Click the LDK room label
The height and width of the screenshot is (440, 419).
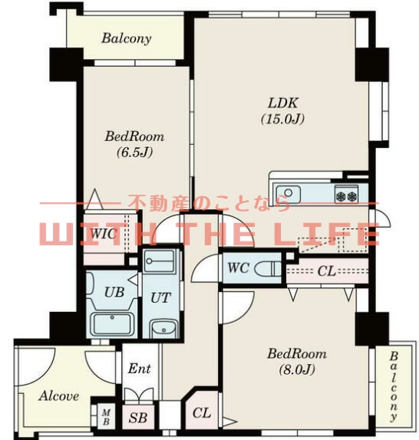pyautogui.click(x=283, y=103)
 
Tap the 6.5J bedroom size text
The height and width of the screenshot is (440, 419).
pyautogui.click(x=135, y=153)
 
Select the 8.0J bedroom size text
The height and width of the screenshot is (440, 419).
pyautogui.click(x=297, y=369)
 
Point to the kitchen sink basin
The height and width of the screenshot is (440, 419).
pyautogui.click(x=288, y=194)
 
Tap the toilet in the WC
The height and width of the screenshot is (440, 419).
pyautogui.click(x=268, y=268)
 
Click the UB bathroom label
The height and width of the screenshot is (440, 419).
pyautogui.click(x=114, y=292)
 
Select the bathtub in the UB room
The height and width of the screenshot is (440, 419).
pyautogui.click(x=112, y=323)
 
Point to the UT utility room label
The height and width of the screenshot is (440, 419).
pyautogui.click(x=160, y=297)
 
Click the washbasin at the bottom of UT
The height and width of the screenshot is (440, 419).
pyautogui.click(x=164, y=329)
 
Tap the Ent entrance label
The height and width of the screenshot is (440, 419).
pyautogui.click(x=140, y=369)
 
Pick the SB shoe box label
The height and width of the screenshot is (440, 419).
pyautogui.click(x=138, y=418)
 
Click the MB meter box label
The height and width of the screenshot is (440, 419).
pyautogui.click(x=106, y=417)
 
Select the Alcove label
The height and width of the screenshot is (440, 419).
pyautogui.click(x=58, y=396)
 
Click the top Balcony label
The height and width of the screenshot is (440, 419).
pyautogui.click(x=127, y=38)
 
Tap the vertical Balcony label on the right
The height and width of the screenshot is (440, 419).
pyautogui.click(x=394, y=387)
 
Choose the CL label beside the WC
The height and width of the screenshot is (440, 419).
pyautogui.click(x=327, y=271)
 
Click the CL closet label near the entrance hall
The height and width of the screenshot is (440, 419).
pyautogui.click(x=202, y=412)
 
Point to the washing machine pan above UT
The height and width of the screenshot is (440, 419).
pyautogui.click(x=159, y=261)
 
